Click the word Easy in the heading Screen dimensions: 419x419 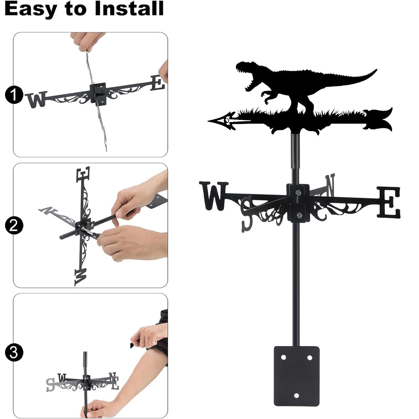pos(30,9)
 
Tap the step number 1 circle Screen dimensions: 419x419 pos(14,95)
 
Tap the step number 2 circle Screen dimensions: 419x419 pos(14,225)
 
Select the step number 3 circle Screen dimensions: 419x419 pos(14,352)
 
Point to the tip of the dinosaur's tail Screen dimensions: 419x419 pos(376,70)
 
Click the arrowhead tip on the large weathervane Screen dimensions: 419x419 pos(208,121)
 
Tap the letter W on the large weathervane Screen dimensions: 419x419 pos(214,196)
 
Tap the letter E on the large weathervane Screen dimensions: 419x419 pos(389,202)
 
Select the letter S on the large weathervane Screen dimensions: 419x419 pos(247,214)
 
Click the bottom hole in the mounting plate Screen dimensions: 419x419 pos(297,396)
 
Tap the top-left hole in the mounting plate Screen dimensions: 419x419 pos(284,357)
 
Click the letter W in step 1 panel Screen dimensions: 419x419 pos(36,99)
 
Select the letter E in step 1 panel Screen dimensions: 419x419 pos(158,83)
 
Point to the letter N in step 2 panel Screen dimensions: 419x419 pos(48,210)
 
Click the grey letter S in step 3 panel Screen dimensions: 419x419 pos(50,385)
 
